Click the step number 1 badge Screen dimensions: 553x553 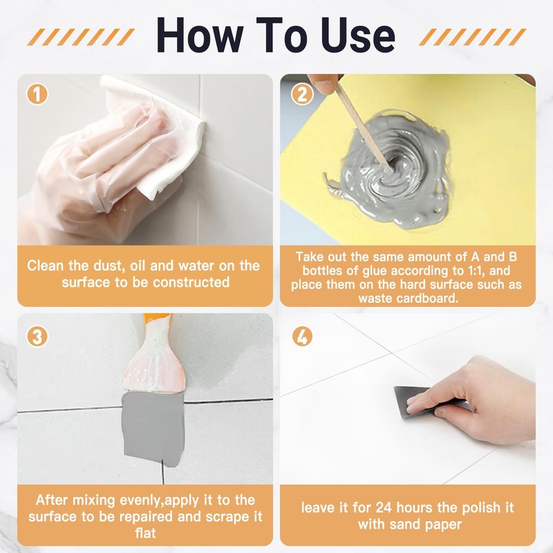(x=37, y=94)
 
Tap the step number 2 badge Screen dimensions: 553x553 (x=302, y=94)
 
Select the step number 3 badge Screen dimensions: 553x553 (x=37, y=336)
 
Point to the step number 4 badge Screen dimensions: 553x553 (x=302, y=336)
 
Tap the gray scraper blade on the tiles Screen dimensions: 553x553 (x=153, y=429)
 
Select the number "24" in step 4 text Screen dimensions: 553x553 (x=384, y=508)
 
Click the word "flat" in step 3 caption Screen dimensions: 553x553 (x=145, y=533)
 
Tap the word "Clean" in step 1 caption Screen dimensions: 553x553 (x=46, y=265)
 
